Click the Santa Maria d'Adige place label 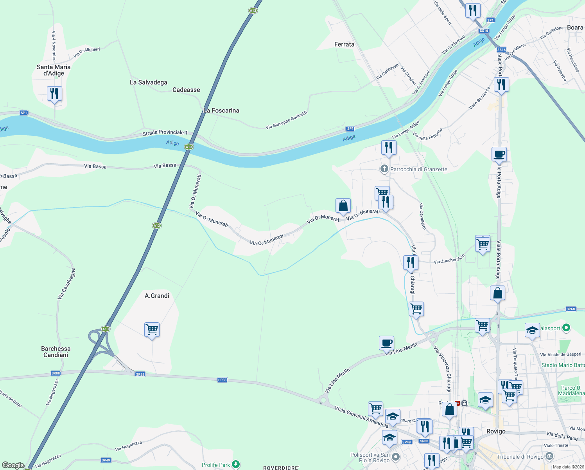[x=54, y=70]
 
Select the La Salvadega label [x=148, y=82]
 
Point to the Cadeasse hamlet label [x=186, y=90]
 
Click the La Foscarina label [x=221, y=110]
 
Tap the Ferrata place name [x=344, y=44]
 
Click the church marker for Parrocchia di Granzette [x=384, y=169]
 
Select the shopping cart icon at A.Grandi [x=152, y=330]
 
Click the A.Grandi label [x=157, y=296]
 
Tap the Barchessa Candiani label [x=56, y=352]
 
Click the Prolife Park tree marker [x=235, y=465]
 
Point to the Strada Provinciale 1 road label [x=165, y=133]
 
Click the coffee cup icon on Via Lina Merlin [x=386, y=343]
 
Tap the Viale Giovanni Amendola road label [x=362, y=417]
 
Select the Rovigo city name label [x=496, y=431]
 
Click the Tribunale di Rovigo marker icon [x=549, y=456]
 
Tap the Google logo [x=13, y=465]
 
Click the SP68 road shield [x=571, y=309]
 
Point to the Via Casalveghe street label [x=66, y=284]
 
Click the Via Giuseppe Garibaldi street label [x=286, y=120]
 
